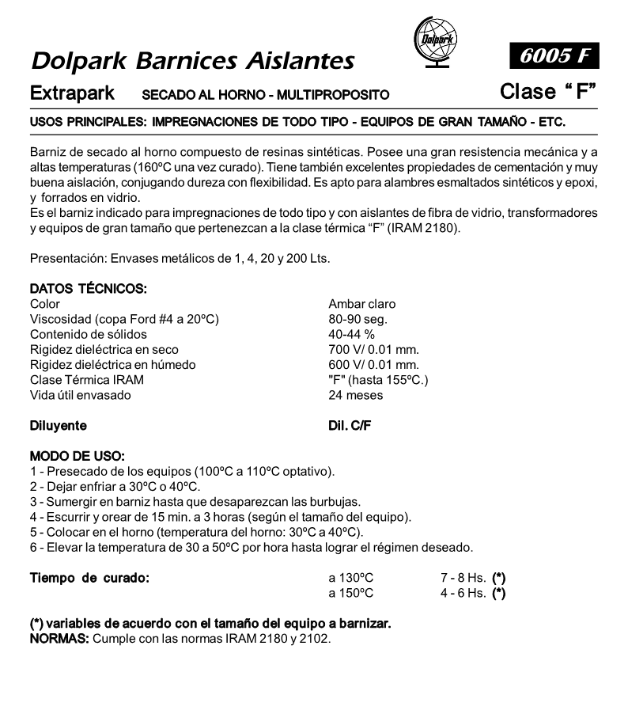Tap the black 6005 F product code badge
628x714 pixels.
point(554,55)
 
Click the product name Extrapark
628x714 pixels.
point(72,93)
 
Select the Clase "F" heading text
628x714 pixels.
point(548,92)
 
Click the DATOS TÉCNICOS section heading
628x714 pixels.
point(89,290)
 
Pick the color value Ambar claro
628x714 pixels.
point(361,304)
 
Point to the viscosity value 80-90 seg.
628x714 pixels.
point(358,319)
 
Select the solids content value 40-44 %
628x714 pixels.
point(352,334)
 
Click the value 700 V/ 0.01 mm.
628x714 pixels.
point(373,349)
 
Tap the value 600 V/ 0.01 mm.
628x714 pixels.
point(373,365)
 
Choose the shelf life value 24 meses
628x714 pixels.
point(355,395)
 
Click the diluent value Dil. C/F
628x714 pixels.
point(350,426)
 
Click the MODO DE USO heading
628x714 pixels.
point(77,457)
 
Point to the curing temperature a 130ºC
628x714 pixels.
point(351,578)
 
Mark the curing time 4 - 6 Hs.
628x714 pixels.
point(463,593)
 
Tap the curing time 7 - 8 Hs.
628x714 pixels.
point(463,578)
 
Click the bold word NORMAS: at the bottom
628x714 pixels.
point(59,637)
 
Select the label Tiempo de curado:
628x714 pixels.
point(89,578)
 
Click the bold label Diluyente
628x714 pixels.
point(58,426)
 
